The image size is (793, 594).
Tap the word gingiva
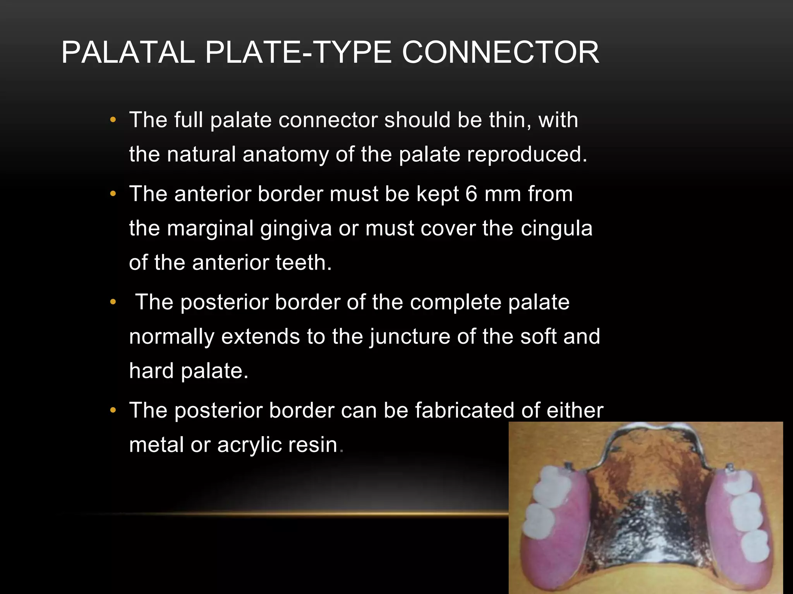click(296, 229)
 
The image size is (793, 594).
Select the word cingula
click(556, 228)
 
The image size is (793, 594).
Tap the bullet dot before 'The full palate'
click(113, 120)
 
